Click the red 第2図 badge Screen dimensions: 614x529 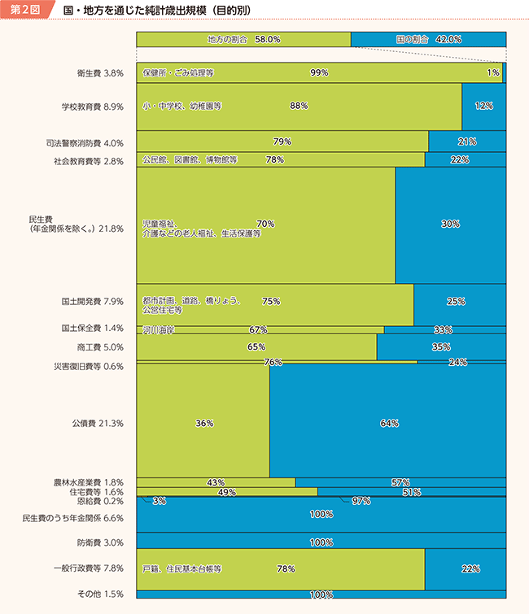coord(25,11)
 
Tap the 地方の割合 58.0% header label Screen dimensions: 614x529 coord(243,39)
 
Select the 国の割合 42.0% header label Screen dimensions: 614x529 coord(428,39)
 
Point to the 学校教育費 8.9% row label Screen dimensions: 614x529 coord(92,107)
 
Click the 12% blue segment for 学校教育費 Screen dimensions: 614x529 coord(483,107)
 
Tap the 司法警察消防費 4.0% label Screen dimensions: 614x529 coord(85,142)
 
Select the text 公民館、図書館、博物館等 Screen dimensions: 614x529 coord(189,160)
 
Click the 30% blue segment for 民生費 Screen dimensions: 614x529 coord(450,224)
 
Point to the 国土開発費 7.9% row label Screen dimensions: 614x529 coord(92,302)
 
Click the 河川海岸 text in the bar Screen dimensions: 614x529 coord(158,329)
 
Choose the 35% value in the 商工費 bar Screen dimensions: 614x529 coord(441,346)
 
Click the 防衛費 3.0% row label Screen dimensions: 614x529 coord(100,542)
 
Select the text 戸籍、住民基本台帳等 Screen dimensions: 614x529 coord(182,569)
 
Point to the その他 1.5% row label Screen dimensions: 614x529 coord(101,594)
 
